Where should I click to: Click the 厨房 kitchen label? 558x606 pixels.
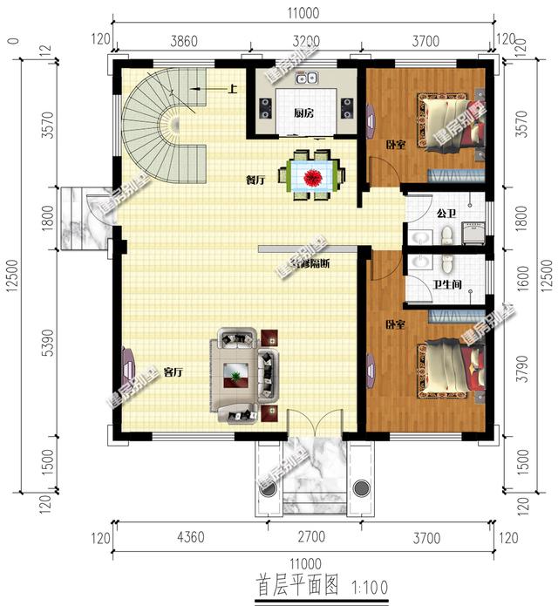pos(303,113)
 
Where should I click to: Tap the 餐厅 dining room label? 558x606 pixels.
pos(255,180)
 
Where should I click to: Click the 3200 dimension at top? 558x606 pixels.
pos(304,41)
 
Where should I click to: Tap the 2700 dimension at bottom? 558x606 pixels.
pos(303,538)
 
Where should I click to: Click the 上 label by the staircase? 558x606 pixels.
pos(233,89)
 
